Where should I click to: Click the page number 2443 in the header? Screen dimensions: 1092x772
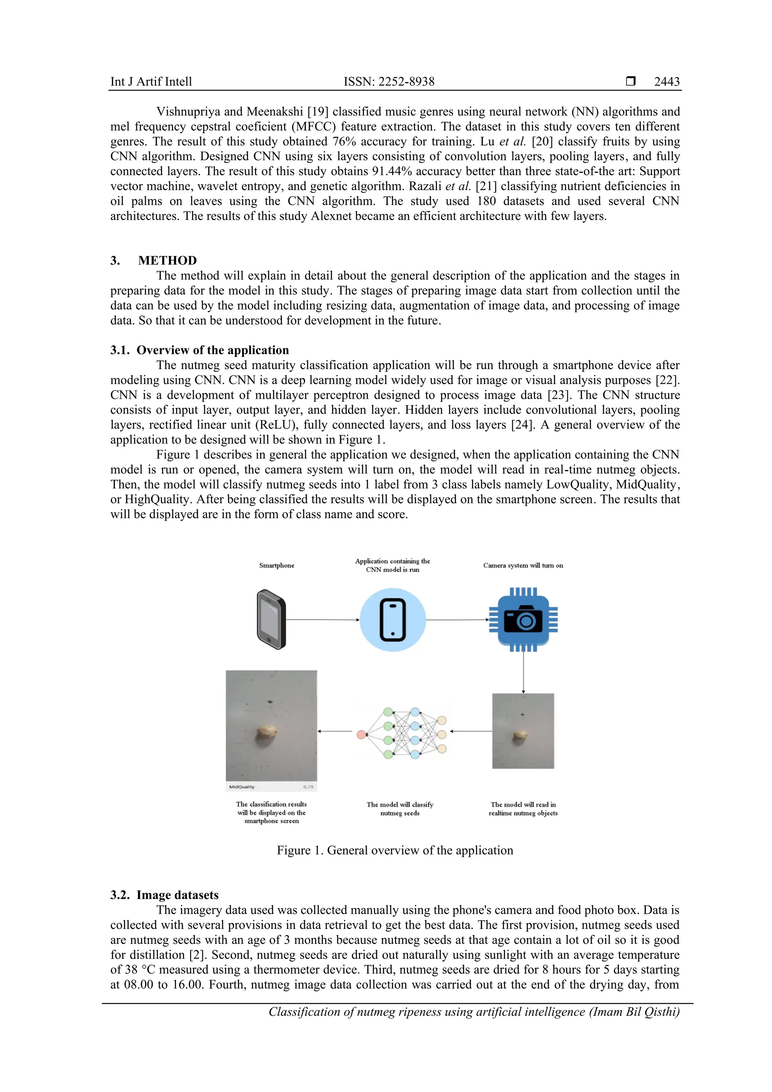pos(666,81)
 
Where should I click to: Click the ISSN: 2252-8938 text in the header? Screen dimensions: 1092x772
pos(389,81)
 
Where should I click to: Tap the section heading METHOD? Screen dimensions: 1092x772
pos(167,260)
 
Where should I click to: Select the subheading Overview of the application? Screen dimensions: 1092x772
pos(212,350)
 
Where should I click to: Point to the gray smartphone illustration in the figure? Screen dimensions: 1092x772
pos(271,619)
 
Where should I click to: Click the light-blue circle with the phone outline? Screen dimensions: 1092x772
pos(392,620)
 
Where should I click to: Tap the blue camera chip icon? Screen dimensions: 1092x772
pos(523,620)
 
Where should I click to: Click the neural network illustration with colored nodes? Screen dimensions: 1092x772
pos(402,733)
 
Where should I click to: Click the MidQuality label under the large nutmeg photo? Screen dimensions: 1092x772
pos(242,787)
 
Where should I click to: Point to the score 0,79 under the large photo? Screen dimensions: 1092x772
pos(308,787)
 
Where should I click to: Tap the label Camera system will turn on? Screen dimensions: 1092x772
pos(523,565)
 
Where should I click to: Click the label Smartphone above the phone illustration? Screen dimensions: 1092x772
pos(276,565)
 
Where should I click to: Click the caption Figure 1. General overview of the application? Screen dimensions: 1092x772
pos(395,850)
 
